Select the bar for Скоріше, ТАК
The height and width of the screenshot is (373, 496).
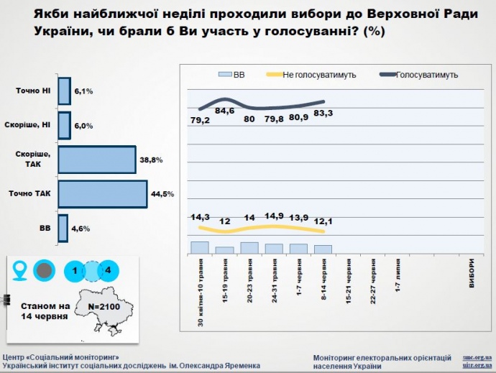tap(96, 159)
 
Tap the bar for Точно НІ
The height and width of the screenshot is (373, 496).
tap(63, 91)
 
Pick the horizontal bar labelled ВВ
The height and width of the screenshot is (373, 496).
tap(63, 227)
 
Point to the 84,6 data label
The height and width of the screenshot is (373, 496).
tap(224, 111)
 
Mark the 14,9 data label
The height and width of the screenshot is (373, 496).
tap(275, 215)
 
